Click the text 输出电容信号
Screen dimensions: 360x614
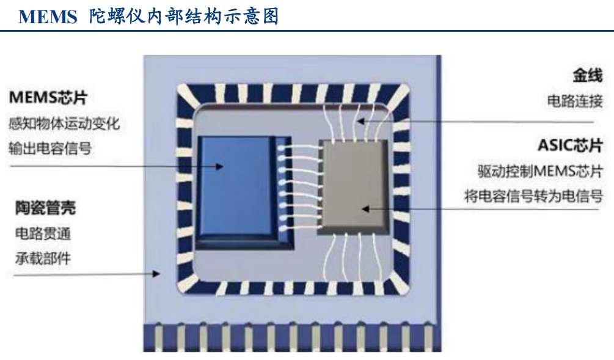50,148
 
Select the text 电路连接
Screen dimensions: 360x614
575,101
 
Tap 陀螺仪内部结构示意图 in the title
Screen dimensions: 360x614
183,17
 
